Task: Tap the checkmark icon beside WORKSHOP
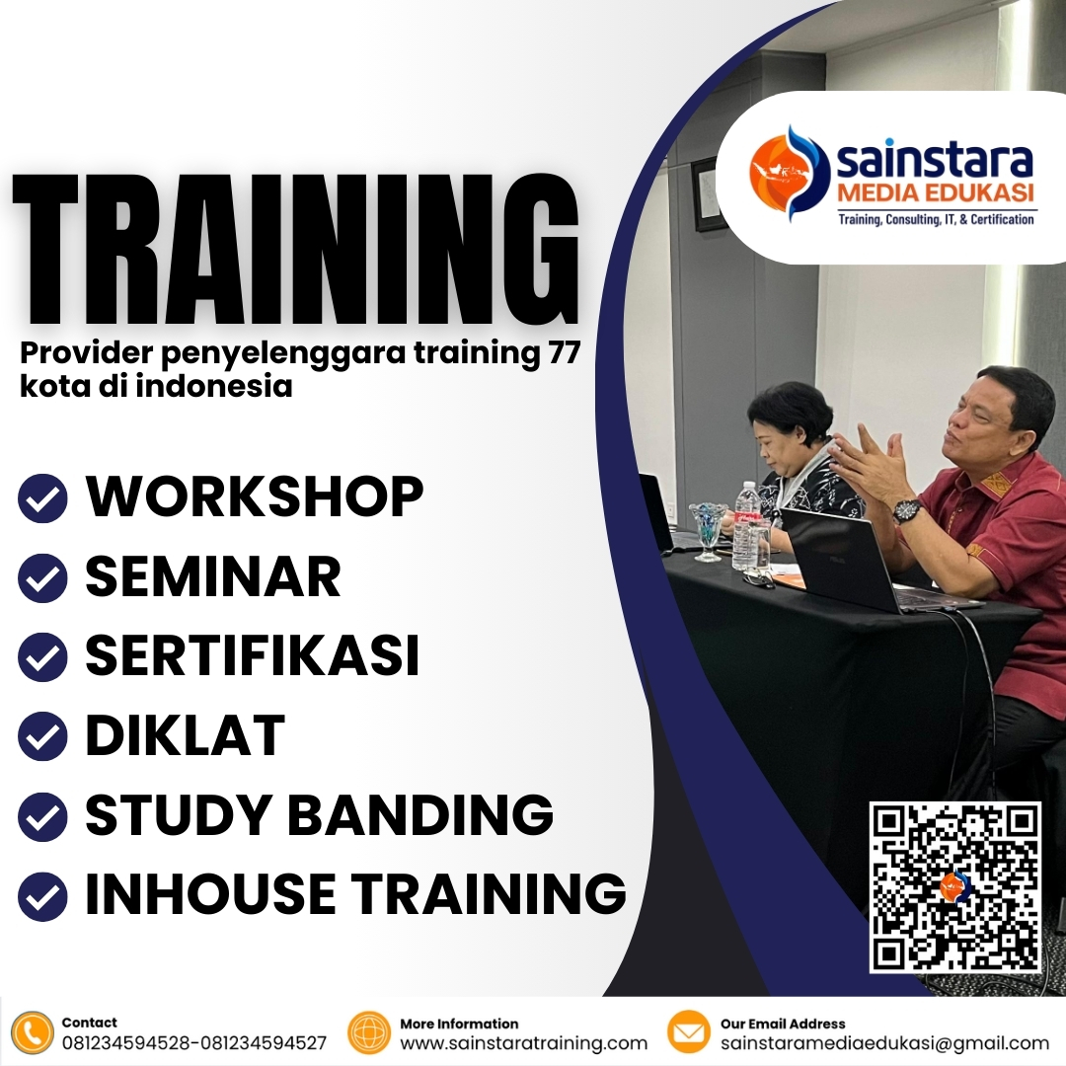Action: pos(42,498)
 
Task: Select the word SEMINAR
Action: pos(213,577)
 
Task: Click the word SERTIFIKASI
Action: pos(253,656)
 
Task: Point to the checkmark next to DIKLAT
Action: pos(42,736)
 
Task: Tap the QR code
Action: pos(954,887)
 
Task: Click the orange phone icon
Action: pos(34,1033)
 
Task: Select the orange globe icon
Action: pos(369,1033)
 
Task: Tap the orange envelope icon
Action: pos(689,1033)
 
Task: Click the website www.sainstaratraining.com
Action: pos(523,1043)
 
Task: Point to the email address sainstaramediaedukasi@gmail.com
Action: pos(884,1043)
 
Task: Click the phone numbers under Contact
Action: pos(194,1043)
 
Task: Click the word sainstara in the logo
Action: pos(934,159)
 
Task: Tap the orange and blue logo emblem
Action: pos(790,174)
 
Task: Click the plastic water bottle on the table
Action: pos(746,523)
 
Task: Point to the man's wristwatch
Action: pos(907,510)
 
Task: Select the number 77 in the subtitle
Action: pos(556,354)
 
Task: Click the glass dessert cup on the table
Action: pos(707,528)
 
